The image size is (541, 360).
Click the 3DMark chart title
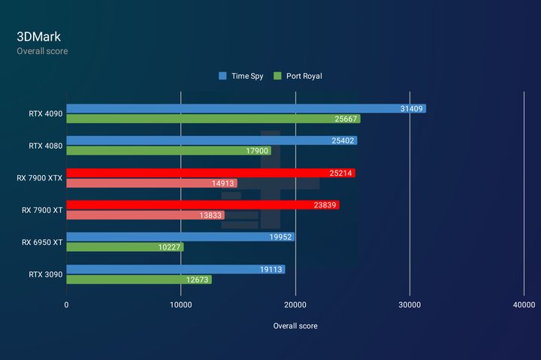pos(38,37)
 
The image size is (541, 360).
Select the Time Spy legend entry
pos(241,76)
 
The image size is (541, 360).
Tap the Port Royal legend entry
pos(298,76)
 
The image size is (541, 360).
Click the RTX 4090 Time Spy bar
pos(246,109)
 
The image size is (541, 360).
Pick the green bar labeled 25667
pos(213,119)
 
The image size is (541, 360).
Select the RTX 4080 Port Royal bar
pos(169,151)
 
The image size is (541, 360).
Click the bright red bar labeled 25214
pos(211,173)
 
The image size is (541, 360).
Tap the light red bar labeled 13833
pos(146,216)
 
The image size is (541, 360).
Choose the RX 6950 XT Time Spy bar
pos(180,237)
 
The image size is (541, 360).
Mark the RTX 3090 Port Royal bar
pos(139,280)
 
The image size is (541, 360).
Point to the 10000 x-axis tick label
pos(181,305)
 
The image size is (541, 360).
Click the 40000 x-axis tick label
pos(524,305)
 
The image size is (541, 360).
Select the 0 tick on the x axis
pos(66,305)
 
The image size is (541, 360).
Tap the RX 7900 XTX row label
pos(40,178)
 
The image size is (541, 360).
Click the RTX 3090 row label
pos(46,274)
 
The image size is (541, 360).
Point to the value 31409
pos(411,109)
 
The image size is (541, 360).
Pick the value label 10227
pos(169,247)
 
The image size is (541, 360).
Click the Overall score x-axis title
pos(295,326)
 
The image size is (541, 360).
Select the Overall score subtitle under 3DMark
pos(42,51)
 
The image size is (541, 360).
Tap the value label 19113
pos(270,269)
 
